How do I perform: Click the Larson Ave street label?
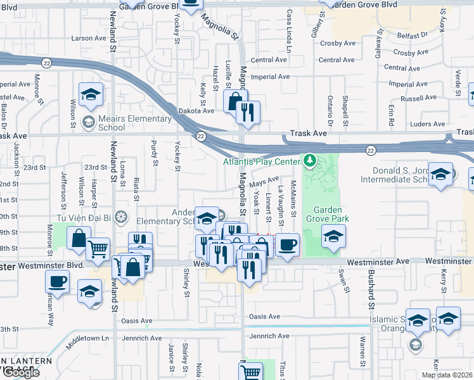coord(89,38)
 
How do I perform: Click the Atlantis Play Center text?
coord(260,161)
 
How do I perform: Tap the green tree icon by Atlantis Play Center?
coord(310,161)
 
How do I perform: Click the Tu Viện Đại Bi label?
coord(89,220)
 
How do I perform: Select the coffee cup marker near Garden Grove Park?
coord(287,244)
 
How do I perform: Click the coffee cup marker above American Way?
coord(57,282)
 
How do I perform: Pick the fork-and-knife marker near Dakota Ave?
coord(247,113)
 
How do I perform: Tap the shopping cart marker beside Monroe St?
coord(98,249)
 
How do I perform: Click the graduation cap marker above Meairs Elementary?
coord(91,95)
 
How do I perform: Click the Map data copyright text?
coord(447,375)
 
